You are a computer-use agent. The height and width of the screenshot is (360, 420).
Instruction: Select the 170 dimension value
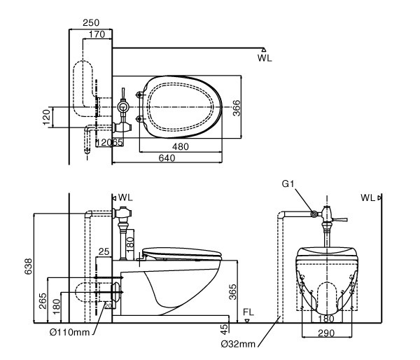(97, 33)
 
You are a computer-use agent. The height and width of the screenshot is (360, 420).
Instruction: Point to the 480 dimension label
(181, 146)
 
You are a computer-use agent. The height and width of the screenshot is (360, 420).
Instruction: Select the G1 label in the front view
(287, 185)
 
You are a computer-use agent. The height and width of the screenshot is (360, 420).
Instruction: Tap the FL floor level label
(248, 312)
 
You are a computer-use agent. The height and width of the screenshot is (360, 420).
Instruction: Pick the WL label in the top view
(264, 58)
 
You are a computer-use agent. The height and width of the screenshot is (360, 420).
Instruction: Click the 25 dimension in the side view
(104, 251)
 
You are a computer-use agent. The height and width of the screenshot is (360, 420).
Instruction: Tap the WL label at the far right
(367, 198)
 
